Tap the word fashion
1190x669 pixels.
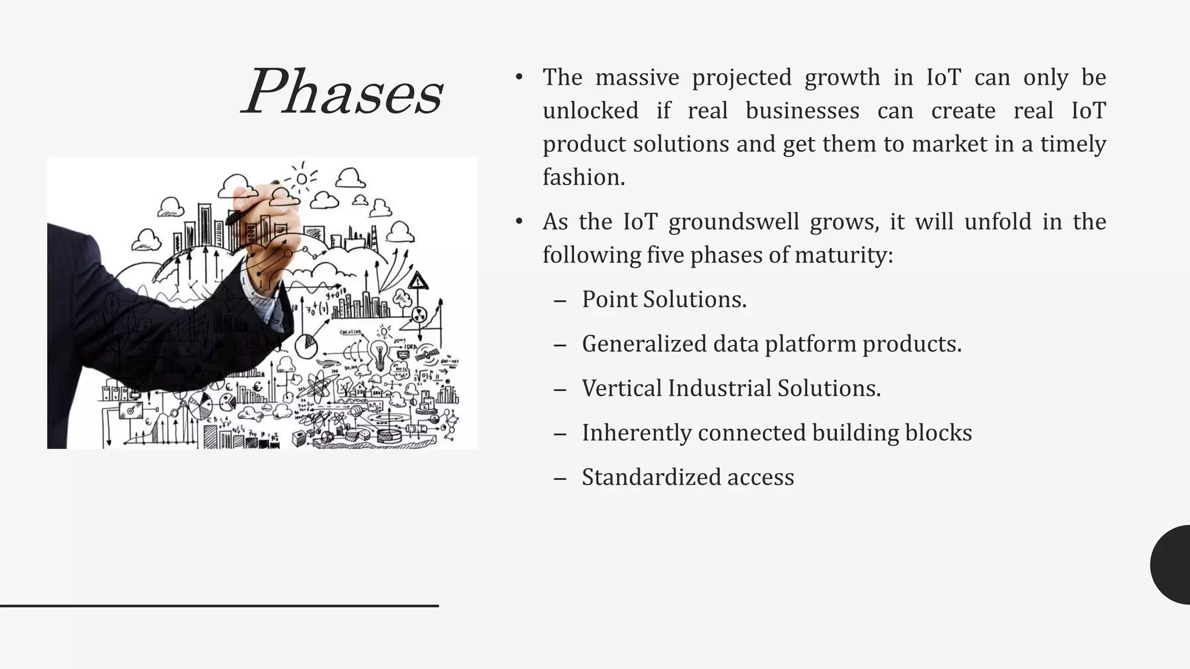click(x=583, y=177)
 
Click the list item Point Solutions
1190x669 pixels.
click(x=664, y=300)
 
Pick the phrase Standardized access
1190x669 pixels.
click(x=687, y=477)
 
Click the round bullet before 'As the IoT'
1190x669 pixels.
click(x=519, y=221)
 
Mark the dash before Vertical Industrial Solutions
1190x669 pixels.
click(x=560, y=389)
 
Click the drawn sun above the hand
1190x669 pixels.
click(x=302, y=178)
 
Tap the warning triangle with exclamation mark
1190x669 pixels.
click(x=418, y=282)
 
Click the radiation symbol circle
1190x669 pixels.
click(x=419, y=315)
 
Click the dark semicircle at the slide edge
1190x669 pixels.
click(x=1171, y=564)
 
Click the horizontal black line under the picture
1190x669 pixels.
click(x=219, y=606)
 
